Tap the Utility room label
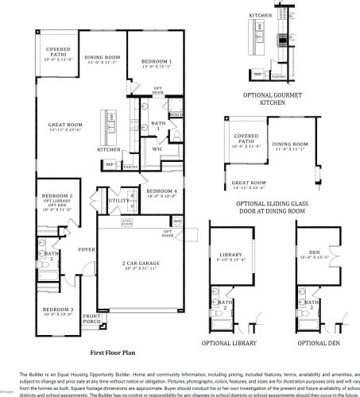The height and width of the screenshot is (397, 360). pyautogui.click(x=118, y=202)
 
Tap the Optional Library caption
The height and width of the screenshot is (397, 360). pyautogui.click(x=234, y=343)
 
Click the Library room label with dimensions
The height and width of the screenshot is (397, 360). pyautogui.click(x=232, y=256)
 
